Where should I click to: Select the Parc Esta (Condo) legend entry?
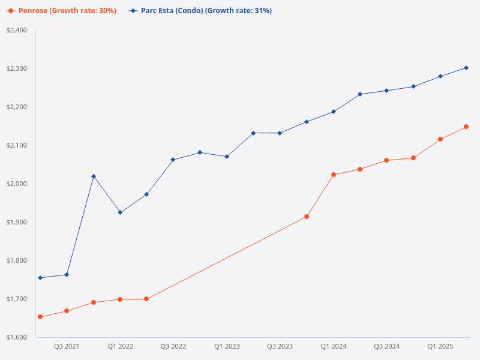click(x=200, y=11)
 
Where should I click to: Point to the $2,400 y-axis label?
click(x=17, y=30)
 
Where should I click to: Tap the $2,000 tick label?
click(x=17, y=184)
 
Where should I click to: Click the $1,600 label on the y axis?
click(x=17, y=337)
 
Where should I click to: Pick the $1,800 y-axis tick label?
click(x=17, y=260)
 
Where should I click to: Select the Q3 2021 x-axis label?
click(x=67, y=346)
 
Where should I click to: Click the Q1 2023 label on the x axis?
click(x=227, y=346)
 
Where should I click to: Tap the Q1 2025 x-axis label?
click(x=440, y=346)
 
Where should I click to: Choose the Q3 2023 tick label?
click(x=280, y=346)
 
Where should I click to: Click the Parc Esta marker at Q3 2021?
click(x=67, y=275)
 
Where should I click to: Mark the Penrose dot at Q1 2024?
click(x=334, y=175)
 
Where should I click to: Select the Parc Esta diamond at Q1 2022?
click(x=120, y=212)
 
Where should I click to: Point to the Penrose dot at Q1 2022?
click(x=120, y=299)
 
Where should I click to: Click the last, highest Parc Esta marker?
click(x=466, y=68)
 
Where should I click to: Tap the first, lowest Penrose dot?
click(x=40, y=317)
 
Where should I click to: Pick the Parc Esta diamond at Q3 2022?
click(x=173, y=160)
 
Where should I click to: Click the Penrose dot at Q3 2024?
click(x=386, y=160)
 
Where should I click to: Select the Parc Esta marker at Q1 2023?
click(x=226, y=157)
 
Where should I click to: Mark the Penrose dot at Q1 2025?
click(x=440, y=139)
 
